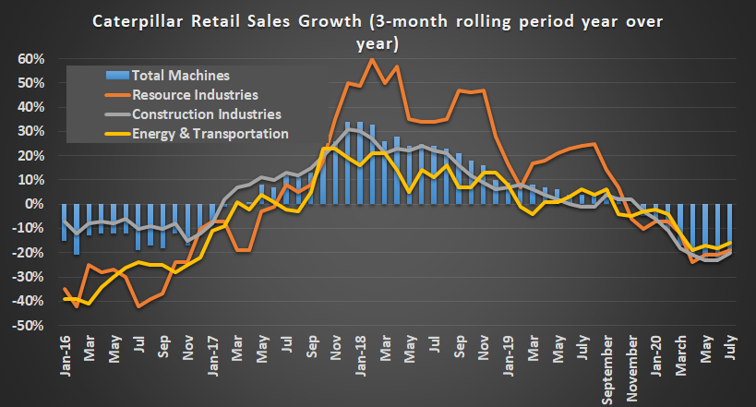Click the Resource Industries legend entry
coord(194,94)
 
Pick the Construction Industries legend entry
coord(206,114)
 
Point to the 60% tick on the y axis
coord(30,58)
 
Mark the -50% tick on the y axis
coord(27,326)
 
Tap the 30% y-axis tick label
coord(30,131)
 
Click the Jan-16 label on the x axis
coord(64,353)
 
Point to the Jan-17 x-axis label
coord(212,353)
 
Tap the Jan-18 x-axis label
coord(359,353)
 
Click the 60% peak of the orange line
coord(371,59)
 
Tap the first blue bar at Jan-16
coord(64,221)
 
